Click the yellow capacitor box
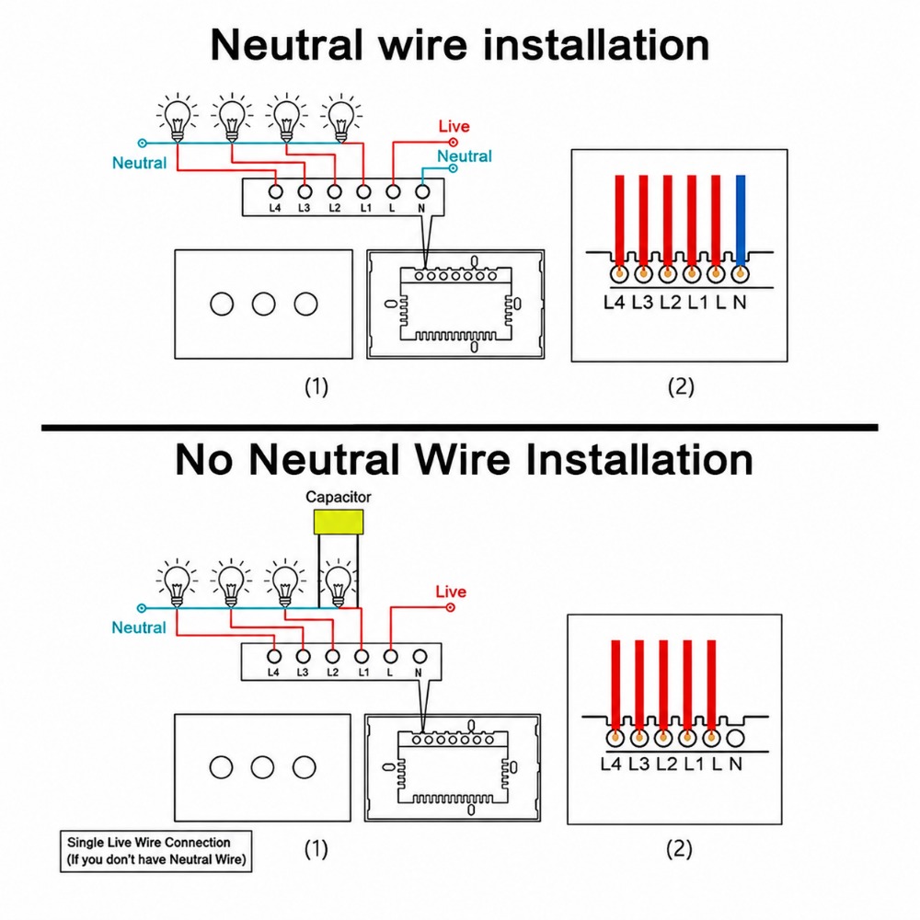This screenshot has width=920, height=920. tap(339, 522)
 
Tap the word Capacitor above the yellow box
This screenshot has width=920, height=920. tap(338, 497)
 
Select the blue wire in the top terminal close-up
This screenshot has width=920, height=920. tap(741, 221)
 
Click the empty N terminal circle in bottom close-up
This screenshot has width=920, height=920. tap(735, 738)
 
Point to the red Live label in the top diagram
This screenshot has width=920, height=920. tap(454, 126)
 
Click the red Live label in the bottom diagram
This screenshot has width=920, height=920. tap(451, 592)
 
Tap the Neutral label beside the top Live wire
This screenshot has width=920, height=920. tap(464, 156)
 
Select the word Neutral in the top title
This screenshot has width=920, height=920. tap(287, 45)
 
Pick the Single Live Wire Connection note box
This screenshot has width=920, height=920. tap(156, 851)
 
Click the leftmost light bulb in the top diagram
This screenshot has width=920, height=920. tap(178, 119)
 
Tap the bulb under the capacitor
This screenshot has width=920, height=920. tap(338, 585)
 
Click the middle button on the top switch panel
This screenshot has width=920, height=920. tap(263, 304)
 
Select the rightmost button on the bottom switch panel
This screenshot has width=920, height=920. tap(304, 767)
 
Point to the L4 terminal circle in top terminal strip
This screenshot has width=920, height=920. tap(275, 191)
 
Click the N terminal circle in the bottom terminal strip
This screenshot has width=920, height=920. tap(420, 656)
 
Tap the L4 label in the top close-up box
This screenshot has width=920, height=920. tap(614, 302)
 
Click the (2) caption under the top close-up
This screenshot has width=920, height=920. tap(681, 386)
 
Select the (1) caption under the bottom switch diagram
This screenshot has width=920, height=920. tap(316, 848)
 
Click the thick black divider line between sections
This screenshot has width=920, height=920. tap(459, 428)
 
